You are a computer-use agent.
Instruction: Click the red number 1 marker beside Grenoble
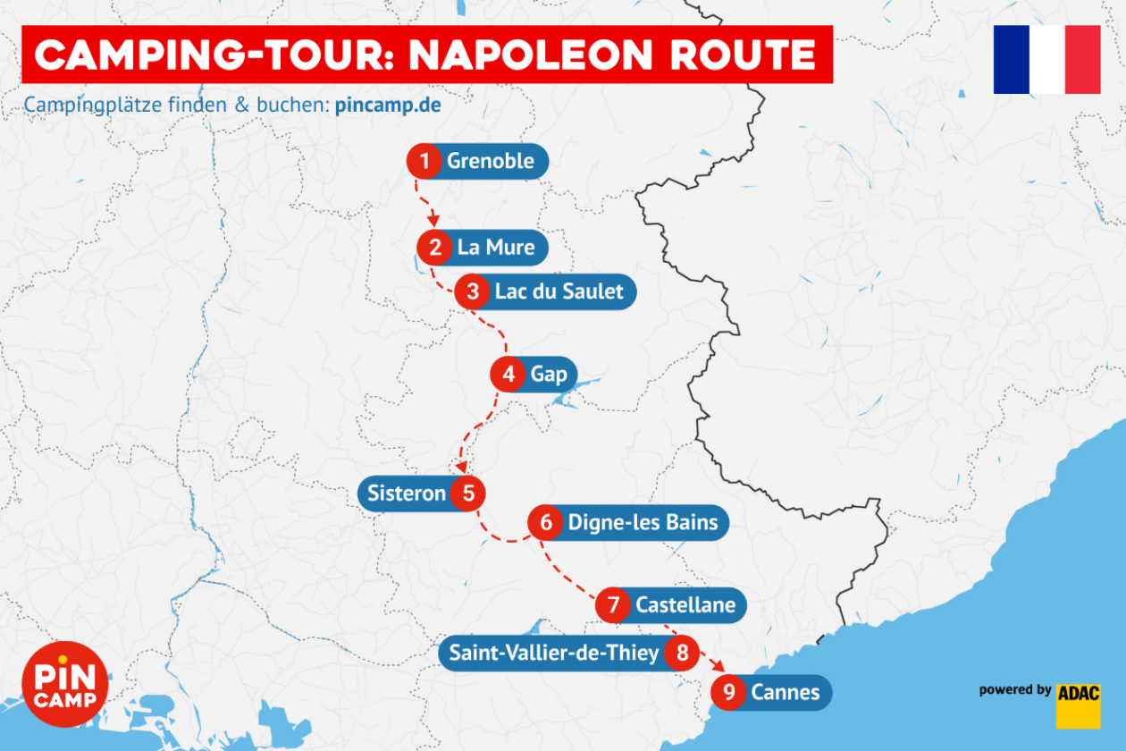pos(425,162)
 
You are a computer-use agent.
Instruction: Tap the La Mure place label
pos(496,247)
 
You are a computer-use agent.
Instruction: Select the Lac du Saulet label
pos(559,292)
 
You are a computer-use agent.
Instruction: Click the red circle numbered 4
pos(508,374)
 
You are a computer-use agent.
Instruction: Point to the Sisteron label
pos(407,493)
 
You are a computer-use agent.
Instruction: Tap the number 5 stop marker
pos(467,493)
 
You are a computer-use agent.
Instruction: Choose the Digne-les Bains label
pos(643,522)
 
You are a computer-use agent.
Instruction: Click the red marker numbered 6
pos(546,522)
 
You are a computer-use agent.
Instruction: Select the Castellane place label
pos(685,605)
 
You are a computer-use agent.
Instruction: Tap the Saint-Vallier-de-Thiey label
pos(553,653)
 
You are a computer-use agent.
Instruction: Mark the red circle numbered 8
pos(683,653)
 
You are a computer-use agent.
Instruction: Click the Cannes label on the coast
pos(785,692)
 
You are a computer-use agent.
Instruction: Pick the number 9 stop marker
pos(730,692)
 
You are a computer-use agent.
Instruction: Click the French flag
pos(1046,59)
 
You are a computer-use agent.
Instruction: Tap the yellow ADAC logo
pos(1078,706)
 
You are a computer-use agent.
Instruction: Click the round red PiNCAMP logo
pos(65,684)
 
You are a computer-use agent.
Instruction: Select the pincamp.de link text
pos(388,105)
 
